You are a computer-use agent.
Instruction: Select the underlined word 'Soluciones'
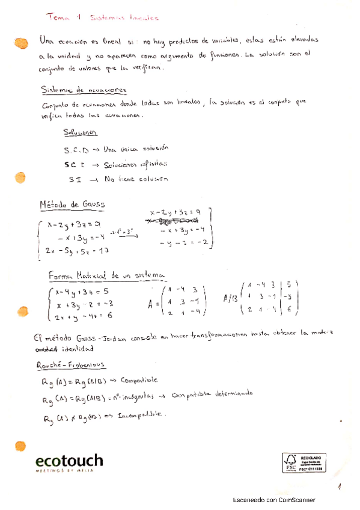pos(81,132)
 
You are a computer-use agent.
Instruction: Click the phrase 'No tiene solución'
pos(135,179)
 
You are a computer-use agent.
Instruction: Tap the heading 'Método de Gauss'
pos(72,204)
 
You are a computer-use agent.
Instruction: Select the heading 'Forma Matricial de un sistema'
pos(106,275)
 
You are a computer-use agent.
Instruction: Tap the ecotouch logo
pos(69,463)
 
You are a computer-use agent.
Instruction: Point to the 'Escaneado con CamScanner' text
pos(274,500)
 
